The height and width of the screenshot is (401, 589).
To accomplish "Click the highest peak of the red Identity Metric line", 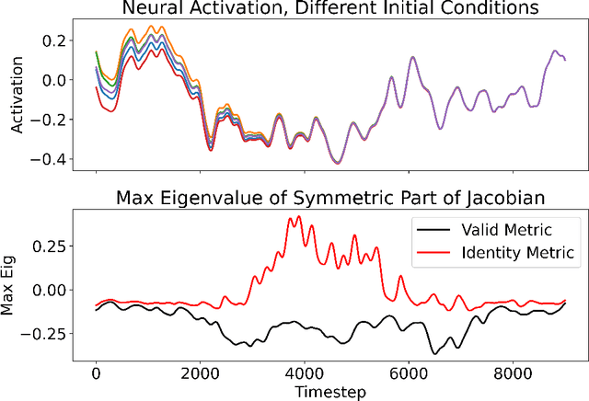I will (x=298, y=217).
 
